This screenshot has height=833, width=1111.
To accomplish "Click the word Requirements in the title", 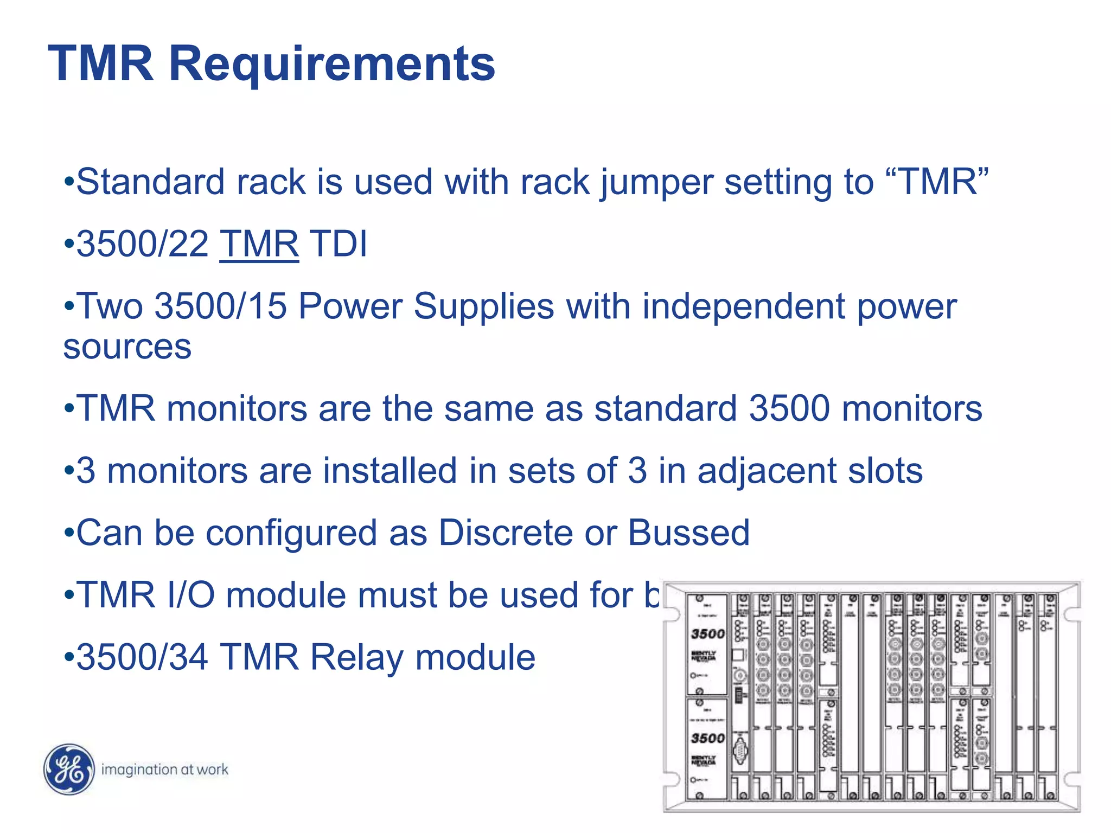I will (x=332, y=65).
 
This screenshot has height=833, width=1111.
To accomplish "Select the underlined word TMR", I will (x=259, y=244).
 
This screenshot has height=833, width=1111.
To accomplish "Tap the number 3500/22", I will (x=142, y=244).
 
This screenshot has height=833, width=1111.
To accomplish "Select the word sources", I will (x=127, y=347).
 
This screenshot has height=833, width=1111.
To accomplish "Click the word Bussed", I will (x=689, y=533).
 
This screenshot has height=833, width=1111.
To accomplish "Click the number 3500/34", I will (x=142, y=657).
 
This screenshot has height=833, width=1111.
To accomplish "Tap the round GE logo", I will (x=69, y=769).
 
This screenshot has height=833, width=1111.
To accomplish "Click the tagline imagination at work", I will (x=164, y=770).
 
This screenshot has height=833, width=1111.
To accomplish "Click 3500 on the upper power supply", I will (x=707, y=634).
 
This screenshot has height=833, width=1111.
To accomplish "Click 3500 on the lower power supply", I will (x=707, y=738).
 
